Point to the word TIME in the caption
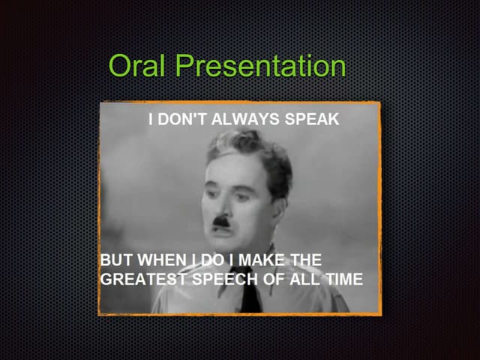[343, 280]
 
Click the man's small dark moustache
[223, 220]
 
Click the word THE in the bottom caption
[305, 260]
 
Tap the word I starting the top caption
[151, 119]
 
